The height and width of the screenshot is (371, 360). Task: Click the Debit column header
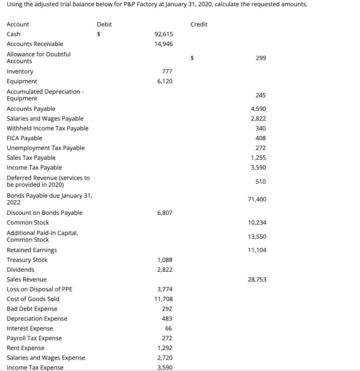104,24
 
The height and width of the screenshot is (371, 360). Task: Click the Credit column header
199,24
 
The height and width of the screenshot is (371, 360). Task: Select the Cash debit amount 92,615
163,34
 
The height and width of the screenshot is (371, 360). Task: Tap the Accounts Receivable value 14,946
163,44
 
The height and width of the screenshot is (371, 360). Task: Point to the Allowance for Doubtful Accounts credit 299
261,58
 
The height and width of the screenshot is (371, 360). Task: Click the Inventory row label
20,72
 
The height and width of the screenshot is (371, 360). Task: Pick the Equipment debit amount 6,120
165,81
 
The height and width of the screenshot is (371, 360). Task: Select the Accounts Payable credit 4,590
258,109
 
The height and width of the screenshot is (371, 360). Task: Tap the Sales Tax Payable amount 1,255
258,158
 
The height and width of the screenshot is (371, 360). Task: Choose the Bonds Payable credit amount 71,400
257,200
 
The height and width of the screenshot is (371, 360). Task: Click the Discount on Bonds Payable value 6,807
165,213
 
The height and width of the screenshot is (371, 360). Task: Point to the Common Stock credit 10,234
257,223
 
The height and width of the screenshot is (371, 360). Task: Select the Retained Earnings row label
31,250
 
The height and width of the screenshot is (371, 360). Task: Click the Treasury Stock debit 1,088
165,260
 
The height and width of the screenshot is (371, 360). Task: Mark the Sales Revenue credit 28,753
257,280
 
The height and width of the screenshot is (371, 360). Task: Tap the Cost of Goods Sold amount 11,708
163,299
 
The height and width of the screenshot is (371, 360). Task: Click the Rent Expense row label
25,348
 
